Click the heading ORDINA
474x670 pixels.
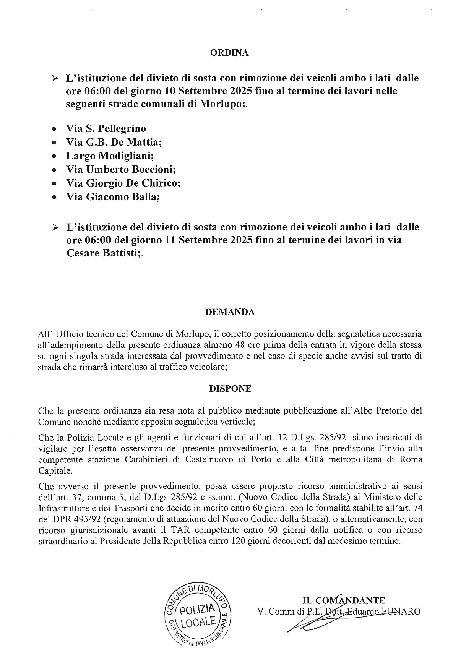click(229, 53)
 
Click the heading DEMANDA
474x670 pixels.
click(230, 312)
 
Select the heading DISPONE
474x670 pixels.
click(230, 389)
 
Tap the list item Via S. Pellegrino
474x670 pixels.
click(106, 128)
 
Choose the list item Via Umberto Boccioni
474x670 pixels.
click(121, 169)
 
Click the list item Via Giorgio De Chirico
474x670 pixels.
click(123, 183)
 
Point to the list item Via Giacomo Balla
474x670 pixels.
click(113, 197)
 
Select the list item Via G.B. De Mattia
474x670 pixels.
click(114, 142)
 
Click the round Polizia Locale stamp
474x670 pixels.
click(198, 615)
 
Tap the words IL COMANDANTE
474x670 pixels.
click(344, 600)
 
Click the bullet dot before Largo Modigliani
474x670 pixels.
click(54, 156)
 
